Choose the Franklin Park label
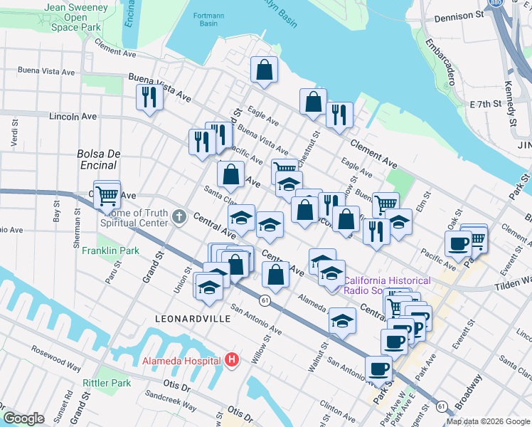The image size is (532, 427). pyautogui.click(x=110, y=251)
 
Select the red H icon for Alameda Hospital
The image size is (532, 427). pyautogui.click(x=230, y=361)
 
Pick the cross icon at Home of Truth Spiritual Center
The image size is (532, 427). pyautogui.click(x=179, y=217)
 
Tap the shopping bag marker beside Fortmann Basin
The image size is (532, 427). pyautogui.click(x=263, y=70)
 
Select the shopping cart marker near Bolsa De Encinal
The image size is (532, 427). pyautogui.click(x=107, y=194)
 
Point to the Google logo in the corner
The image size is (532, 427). pyautogui.click(x=23, y=418)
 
